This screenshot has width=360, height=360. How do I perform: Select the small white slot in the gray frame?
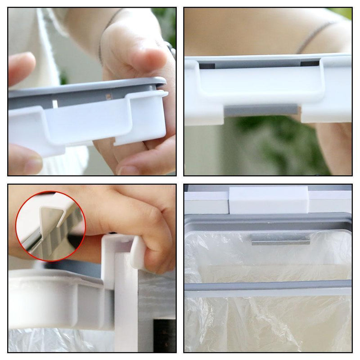(55, 104)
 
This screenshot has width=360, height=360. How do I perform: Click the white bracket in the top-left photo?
(90, 124)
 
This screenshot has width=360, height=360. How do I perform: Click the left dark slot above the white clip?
(207, 66)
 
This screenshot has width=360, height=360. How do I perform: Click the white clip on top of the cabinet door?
(268, 200)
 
